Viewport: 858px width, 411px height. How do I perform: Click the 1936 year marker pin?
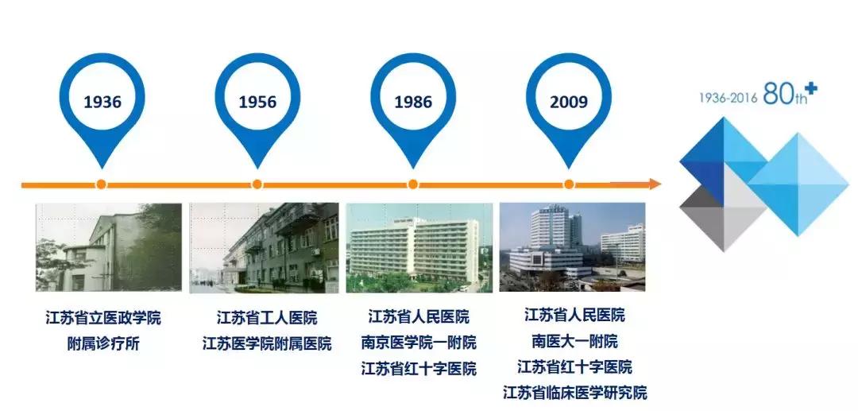[x=102, y=101]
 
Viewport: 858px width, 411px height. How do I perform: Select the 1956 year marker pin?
[x=257, y=101]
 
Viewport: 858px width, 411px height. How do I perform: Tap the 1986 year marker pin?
[x=413, y=101]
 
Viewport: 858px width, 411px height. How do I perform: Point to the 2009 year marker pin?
[x=569, y=101]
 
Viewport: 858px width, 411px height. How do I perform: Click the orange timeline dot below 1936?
[x=101, y=184]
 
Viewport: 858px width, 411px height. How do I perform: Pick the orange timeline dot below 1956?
[x=257, y=184]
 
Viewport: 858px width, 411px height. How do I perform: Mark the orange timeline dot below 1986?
[x=413, y=184]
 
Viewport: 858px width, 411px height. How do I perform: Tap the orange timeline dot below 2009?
[x=569, y=184]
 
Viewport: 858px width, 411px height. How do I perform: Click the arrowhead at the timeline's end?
[x=654, y=184]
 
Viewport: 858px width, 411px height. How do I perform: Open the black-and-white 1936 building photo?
[x=109, y=247]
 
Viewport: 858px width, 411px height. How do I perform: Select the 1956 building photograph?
[x=264, y=247]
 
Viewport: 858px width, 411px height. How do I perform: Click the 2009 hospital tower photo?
[x=571, y=246]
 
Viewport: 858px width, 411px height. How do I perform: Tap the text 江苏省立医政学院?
[x=103, y=319]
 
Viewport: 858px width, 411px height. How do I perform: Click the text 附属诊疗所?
[x=103, y=344]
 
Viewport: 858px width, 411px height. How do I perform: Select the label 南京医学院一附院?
[x=419, y=343]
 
